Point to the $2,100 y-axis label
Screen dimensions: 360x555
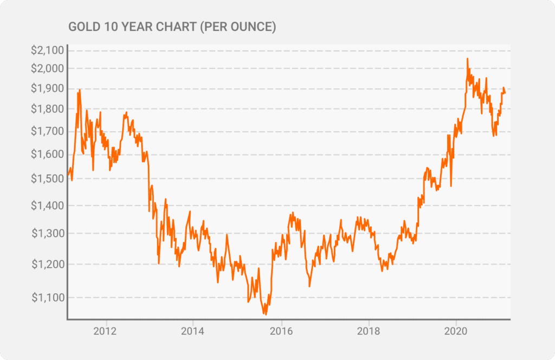(x=48, y=51)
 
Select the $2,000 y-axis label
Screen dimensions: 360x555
(x=48, y=68)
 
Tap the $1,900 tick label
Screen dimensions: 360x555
(x=48, y=88)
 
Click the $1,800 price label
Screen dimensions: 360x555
(x=48, y=109)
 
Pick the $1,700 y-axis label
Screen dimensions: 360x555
(x=48, y=131)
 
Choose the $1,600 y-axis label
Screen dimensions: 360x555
(x=48, y=155)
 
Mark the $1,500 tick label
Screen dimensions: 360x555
(x=48, y=179)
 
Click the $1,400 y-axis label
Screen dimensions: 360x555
(x=48, y=205)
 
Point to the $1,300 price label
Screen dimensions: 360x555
(x=48, y=234)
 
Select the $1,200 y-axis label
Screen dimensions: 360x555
(x=48, y=265)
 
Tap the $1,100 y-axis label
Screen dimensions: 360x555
(x=48, y=298)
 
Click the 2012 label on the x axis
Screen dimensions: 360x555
(x=106, y=330)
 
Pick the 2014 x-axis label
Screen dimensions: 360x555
(x=193, y=330)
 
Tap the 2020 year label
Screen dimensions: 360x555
(x=456, y=330)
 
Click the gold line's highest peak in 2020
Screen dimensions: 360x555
(x=467, y=59)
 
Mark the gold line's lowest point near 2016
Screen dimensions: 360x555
(x=266, y=314)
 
